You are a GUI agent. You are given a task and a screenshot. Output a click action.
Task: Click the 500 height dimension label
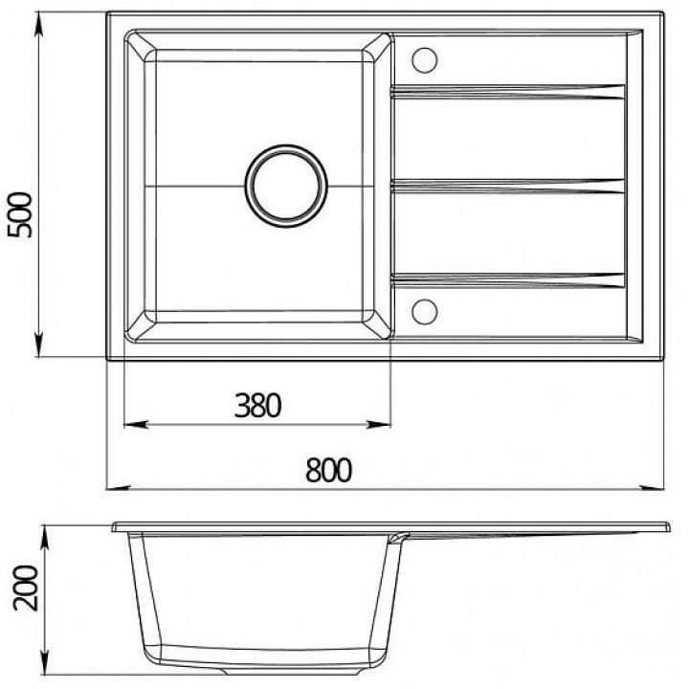(x=20, y=215)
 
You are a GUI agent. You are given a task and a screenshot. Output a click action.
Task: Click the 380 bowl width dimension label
(x=257, y=405)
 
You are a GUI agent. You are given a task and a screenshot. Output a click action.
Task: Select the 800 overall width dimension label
(x=328, y=470)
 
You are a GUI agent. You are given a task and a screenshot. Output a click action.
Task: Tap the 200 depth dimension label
(x=26, y=588)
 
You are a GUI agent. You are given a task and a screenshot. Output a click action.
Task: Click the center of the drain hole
(x=286, y=186)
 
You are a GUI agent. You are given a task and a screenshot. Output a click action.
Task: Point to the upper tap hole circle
(x=425, y=60)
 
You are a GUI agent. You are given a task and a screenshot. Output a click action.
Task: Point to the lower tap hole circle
(x=425, y=312)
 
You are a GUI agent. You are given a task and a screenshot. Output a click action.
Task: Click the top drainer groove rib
(x=507, y=92)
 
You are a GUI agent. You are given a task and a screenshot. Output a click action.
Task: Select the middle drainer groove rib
(x=507, y=187)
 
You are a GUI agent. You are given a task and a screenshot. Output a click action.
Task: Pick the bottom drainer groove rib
(x=507, y=280)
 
